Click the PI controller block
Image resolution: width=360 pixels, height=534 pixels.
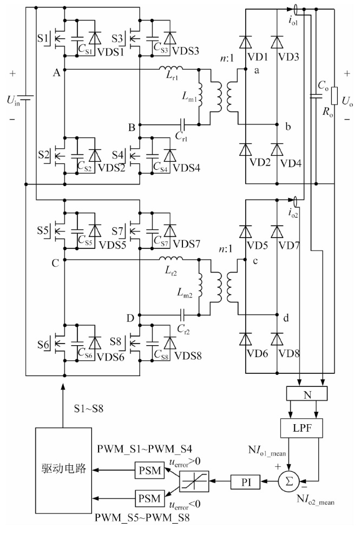246,482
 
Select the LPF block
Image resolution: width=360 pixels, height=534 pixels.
302,428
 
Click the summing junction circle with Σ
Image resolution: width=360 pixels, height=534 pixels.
289,481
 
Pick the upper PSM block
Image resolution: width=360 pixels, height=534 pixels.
149,470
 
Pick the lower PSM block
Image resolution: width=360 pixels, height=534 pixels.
149,499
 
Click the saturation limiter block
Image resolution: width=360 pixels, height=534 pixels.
194,481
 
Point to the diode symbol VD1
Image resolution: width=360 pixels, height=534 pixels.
245,42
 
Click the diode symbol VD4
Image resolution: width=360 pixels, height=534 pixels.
277,150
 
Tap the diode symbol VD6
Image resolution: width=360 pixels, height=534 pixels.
245,340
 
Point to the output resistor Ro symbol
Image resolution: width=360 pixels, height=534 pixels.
335,96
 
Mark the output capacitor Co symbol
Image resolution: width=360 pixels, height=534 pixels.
316,96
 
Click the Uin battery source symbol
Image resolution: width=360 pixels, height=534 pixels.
26,97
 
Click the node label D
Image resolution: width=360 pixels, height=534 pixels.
130,319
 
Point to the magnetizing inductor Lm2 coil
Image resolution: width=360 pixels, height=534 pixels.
200,290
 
